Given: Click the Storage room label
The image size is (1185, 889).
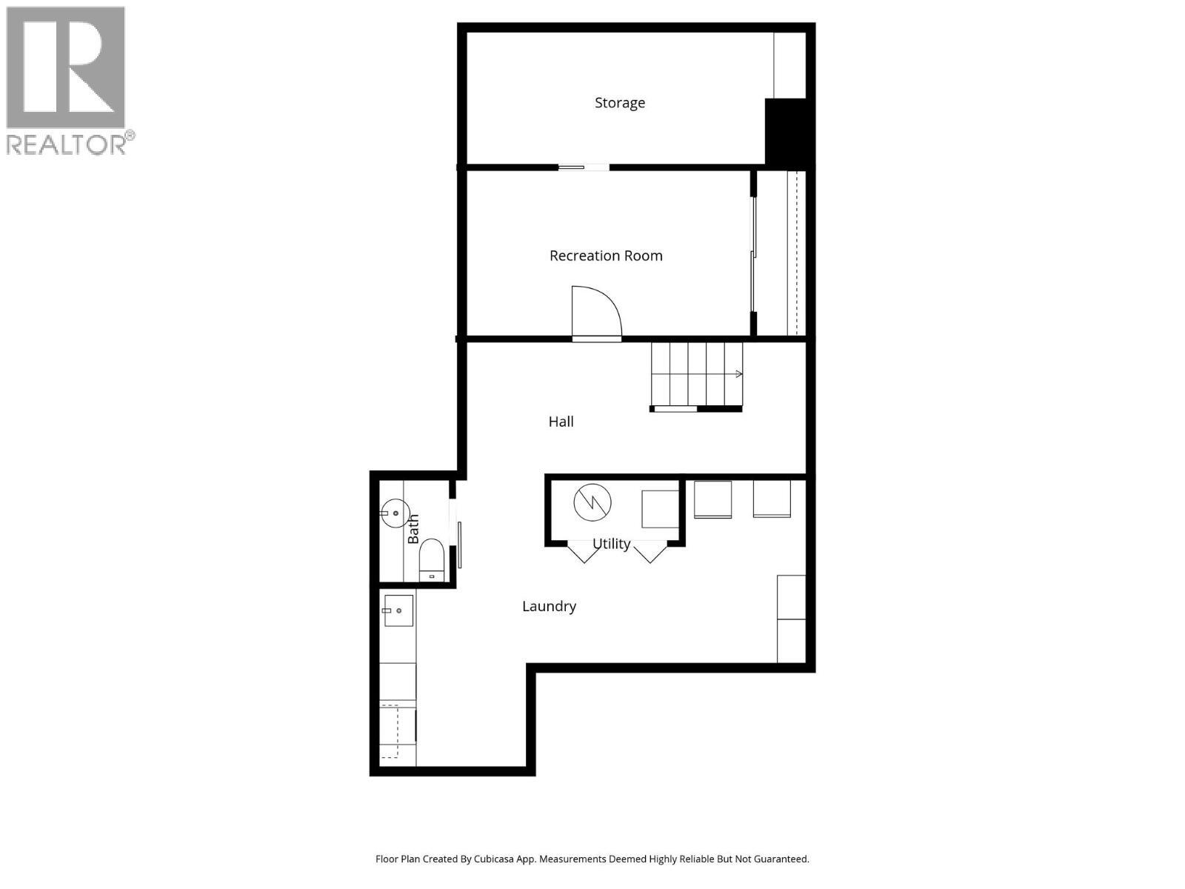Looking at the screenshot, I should [620, 103].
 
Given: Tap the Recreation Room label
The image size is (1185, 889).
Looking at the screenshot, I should [606, 256].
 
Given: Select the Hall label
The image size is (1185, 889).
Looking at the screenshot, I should [561, 422].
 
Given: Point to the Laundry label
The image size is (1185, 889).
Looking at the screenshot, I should [549, 606].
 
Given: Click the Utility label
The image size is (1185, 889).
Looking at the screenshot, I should [612, 544].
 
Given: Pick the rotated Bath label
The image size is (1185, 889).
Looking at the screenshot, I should [413, 529].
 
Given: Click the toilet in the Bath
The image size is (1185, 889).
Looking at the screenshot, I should [431, 559].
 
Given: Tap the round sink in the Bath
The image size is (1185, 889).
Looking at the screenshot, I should [395, 512].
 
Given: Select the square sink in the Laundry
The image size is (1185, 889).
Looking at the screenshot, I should [398, 610].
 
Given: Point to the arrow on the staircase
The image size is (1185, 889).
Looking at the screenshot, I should [738, 374].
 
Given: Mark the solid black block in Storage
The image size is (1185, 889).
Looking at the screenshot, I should [787, 132].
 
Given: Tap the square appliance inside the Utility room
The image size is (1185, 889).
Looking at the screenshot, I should [660, 509].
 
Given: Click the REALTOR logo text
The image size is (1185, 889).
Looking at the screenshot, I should [70, 144].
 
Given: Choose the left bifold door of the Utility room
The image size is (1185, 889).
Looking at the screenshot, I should [583, 553].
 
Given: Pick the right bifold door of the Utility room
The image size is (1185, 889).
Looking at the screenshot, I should [650, 553].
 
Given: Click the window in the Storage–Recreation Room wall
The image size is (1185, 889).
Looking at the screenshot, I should [584, 167].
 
